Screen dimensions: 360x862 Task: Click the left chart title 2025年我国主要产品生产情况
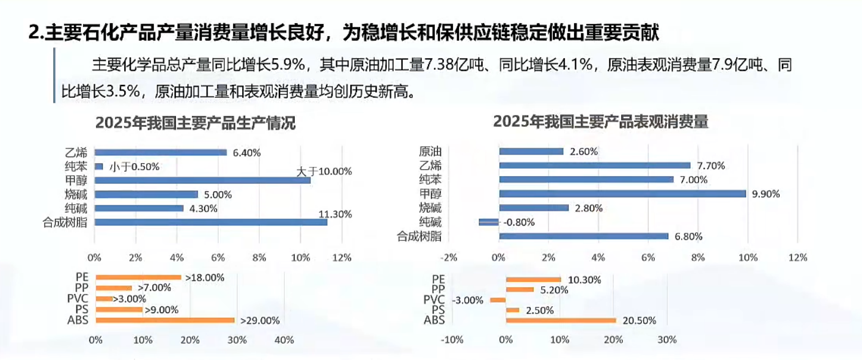(195, 123)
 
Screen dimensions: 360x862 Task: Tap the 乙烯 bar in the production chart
(160, 152)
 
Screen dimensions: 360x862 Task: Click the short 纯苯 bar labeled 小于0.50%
(98, 166)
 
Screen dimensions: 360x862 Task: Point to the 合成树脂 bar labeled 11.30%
(210, 222)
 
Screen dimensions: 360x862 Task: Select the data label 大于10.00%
(324, 171)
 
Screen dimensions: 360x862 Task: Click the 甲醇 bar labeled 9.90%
(622, 194)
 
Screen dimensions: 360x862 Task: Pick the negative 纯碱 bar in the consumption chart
(489, 222)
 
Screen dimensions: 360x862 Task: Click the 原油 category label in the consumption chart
(430, 152)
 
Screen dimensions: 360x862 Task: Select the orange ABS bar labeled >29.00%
(165, 320)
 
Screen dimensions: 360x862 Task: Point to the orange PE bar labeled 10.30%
(533, 279)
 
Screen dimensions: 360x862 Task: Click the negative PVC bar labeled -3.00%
(498, 300)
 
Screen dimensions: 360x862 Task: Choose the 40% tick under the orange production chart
(284, 340)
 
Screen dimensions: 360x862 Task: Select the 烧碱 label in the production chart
(76, 194)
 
